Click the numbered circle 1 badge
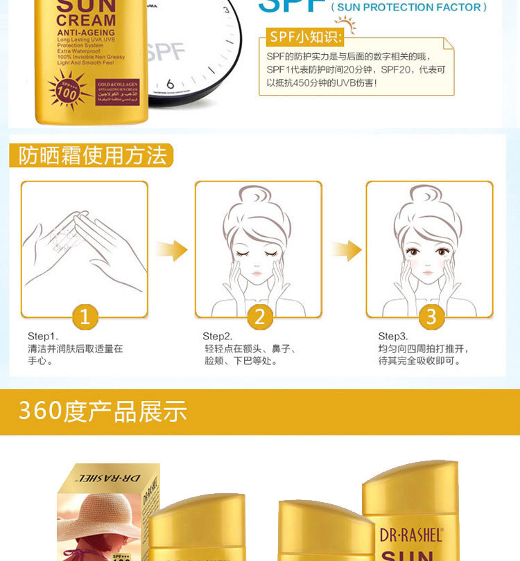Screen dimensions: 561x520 (85, 317)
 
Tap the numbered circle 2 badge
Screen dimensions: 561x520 (259, 317)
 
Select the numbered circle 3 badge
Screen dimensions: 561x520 (431, 317)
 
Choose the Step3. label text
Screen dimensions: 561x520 (392, 337)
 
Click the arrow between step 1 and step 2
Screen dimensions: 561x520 (171, 249)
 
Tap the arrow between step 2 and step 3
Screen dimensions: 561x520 (345, 249)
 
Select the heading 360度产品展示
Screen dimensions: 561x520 (103, 411)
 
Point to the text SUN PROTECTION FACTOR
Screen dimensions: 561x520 (408, 8)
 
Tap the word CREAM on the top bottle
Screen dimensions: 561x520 (86, 21)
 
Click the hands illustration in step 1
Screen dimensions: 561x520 (83, 246)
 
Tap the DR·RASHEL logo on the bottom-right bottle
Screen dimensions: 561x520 (410, 534)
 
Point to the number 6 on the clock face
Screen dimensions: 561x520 (170, 84)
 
